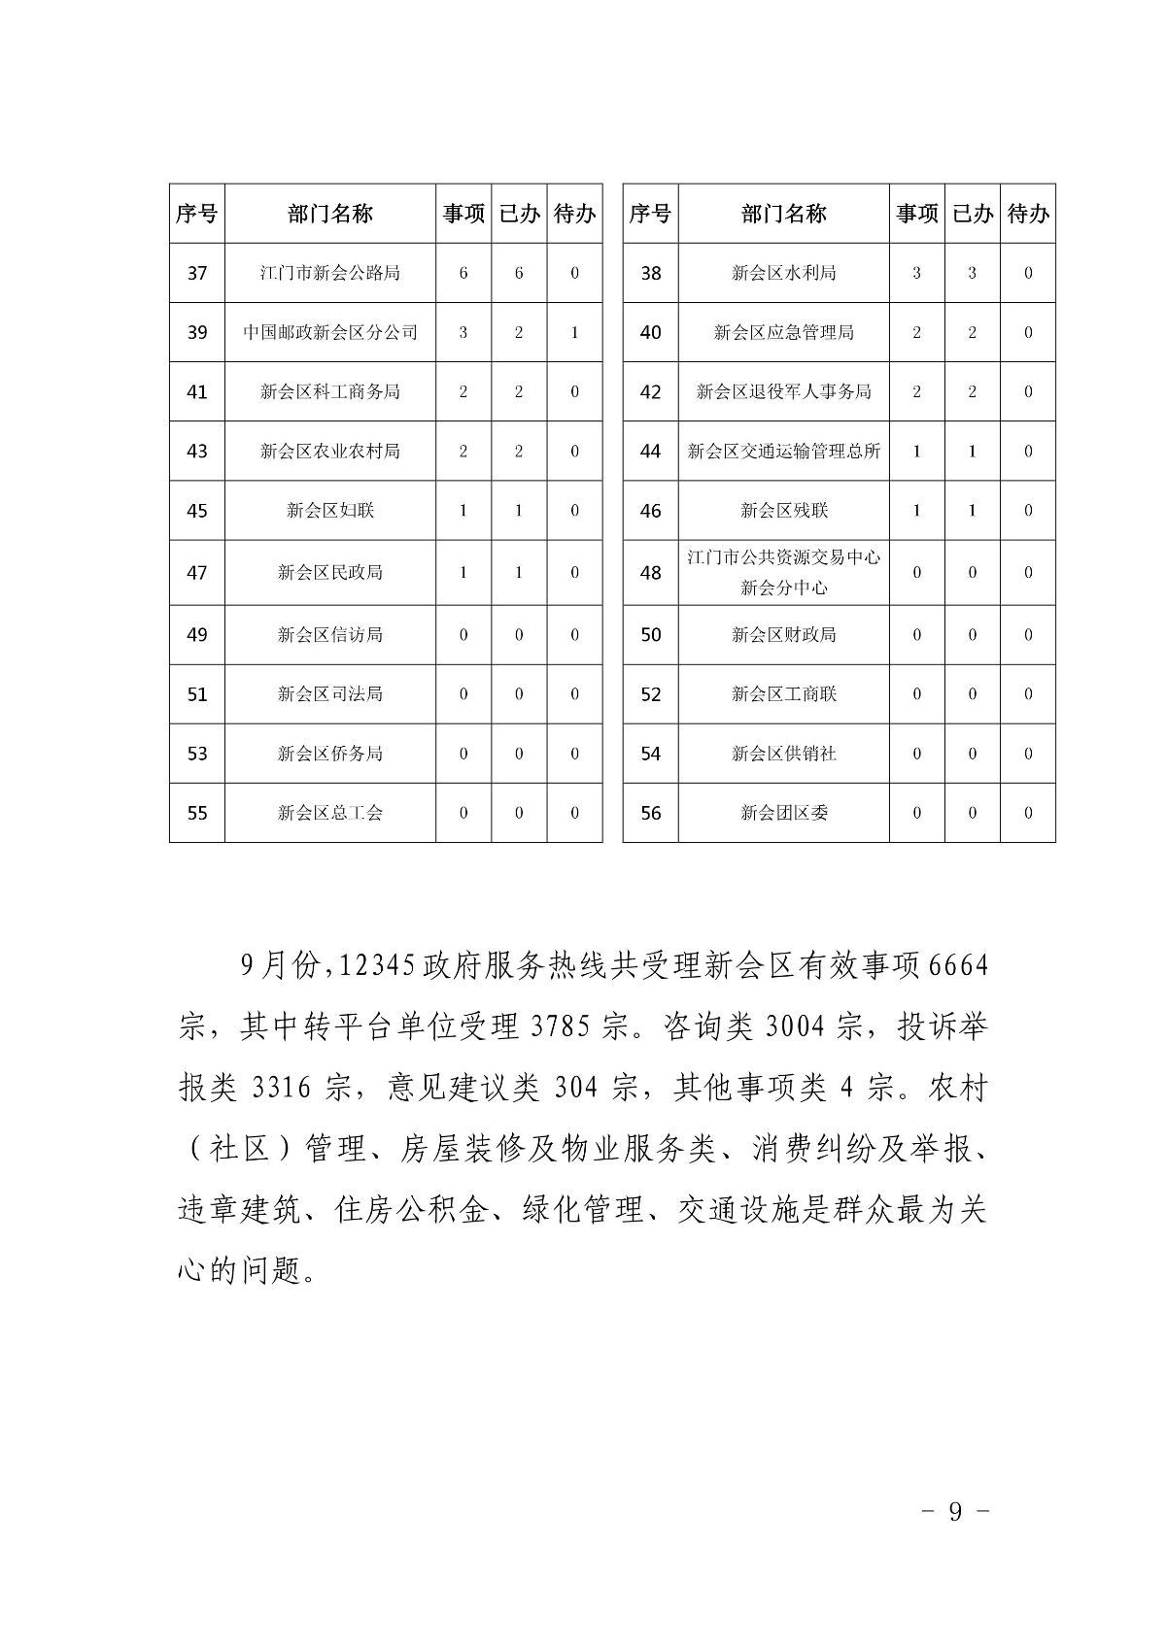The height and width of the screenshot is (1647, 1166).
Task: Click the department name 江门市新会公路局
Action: tap(329, 273)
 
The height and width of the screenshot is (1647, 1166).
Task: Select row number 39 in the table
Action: tap(197, 332)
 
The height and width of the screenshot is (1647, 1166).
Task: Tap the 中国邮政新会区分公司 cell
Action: tap(329, 332)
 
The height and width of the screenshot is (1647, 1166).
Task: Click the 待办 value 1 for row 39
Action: tap(574, 332)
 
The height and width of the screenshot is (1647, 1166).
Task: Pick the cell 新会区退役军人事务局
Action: tap(783, 391)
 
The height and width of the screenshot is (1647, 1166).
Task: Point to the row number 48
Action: tap(650, 573)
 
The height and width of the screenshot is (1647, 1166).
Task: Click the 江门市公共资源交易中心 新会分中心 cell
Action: tap(783, 573)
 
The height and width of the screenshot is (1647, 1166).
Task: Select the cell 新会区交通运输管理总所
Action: tap(783, 451)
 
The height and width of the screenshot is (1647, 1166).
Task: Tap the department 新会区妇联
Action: tap(329, 511)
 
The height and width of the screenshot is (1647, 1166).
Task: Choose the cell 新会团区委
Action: tap(783, 813)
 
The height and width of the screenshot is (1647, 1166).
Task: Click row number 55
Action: tap(197, 813)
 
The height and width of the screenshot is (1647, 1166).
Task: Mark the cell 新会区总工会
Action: tap(329, 813)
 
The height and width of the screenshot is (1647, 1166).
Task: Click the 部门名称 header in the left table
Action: tap(329, 214)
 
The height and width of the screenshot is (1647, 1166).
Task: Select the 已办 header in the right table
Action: tap(972, 214)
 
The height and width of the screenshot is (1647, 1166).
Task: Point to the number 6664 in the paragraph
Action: tap(958, 966)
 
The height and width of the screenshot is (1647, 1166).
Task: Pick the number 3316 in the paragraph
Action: tap(282, 1088)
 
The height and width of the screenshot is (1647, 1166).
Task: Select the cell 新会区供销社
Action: tap(783, 754)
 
